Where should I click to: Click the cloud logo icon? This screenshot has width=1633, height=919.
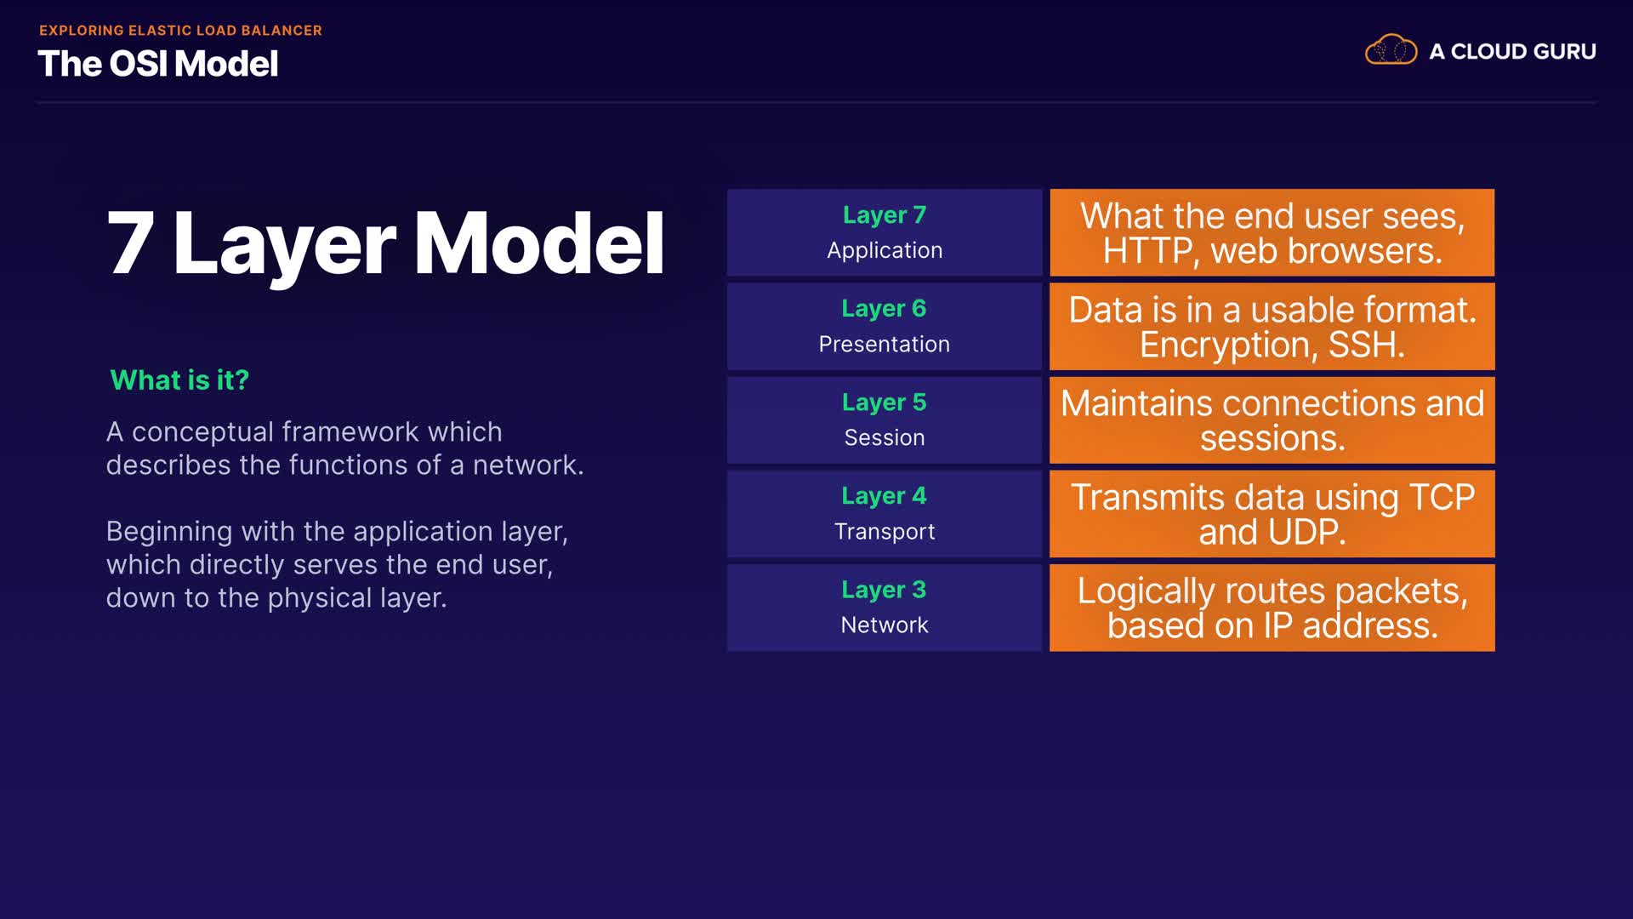[1391, 50]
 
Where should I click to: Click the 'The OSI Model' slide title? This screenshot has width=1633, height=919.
[158, 64]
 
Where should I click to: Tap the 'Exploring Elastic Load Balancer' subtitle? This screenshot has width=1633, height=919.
[180, 31]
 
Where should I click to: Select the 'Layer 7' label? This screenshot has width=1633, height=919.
[885, 215]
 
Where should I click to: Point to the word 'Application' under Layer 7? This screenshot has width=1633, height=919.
[885, 250]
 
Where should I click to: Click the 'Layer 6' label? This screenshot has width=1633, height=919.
[885, 309]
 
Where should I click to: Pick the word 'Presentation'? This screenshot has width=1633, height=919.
[885, 344]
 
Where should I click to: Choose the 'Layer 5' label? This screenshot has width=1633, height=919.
[885, 402]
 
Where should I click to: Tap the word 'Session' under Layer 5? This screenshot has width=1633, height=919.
[885, 437]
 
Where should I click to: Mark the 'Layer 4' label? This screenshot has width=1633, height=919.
[885, 496]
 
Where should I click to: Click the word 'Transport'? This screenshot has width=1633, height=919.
[885, 532]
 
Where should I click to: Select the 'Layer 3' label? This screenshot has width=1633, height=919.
[885, 590]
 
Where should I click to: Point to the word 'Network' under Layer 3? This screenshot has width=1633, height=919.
[885, 625]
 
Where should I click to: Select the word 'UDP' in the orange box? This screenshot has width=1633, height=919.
[1307, 533]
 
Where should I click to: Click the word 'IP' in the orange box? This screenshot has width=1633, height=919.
[1278, 626]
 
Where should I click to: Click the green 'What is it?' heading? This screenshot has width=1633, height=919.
[179, 380]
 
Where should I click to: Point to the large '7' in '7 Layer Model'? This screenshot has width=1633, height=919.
[131, 243]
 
